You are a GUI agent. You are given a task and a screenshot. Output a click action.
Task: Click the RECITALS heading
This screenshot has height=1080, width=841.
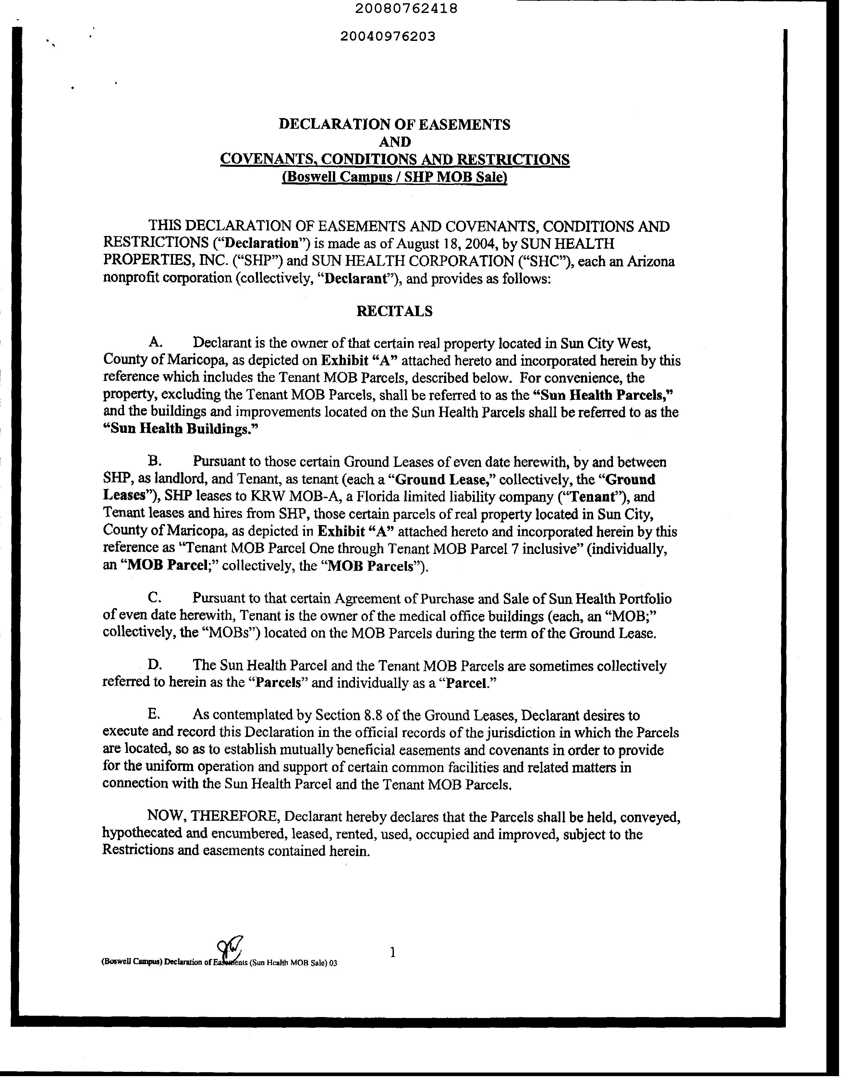pyautogui.click(x=394, y=311)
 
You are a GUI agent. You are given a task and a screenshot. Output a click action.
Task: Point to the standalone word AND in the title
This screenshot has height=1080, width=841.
pyautogui.click(x=394, y=142)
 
